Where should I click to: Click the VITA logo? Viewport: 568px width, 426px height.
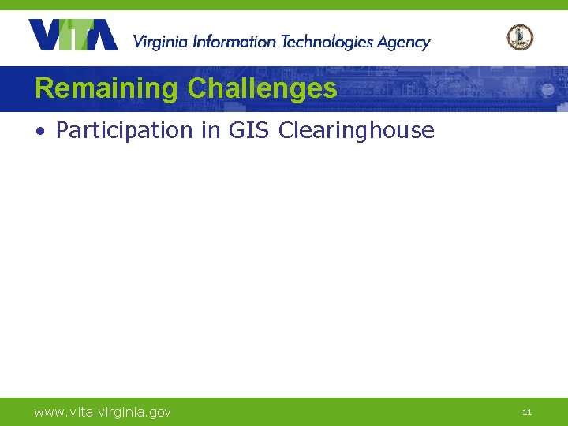tap(73, 35)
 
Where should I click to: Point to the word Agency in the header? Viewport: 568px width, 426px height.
tap(403, 43)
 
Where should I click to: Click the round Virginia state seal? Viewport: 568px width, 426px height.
tap(520, 37)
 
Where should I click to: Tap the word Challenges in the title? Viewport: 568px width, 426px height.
tap(262, 88)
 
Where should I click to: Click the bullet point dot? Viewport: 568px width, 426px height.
tap(39, 131)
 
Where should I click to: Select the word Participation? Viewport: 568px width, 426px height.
tap(125, 130)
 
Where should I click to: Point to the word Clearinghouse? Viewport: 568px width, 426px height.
tap(356, 130)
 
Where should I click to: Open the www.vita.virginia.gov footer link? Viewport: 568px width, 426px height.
tap(103, 412)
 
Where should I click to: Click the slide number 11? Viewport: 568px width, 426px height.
tap(527, 412)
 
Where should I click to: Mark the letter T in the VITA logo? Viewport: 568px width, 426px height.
tap(81, 35)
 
